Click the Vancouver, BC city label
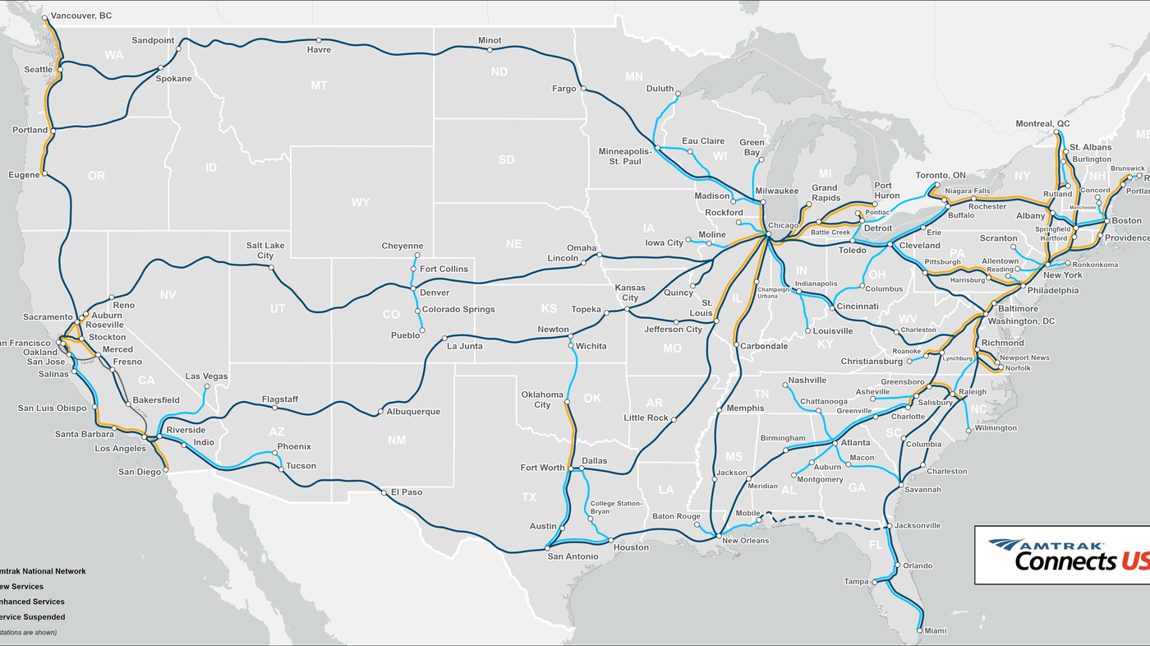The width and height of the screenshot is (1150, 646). point(81,16)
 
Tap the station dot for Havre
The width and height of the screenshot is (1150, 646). point(319,39)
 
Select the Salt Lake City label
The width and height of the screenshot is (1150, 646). point(265,251)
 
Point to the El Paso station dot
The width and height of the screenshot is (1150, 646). point(384,492)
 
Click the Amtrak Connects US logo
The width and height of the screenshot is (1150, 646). point(1061,556)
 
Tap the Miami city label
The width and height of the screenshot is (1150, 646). point(935,631)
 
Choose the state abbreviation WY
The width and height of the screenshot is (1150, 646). point(360,202)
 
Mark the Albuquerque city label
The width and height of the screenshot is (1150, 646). point(413,412)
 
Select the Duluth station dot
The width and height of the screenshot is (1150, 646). point(678,94)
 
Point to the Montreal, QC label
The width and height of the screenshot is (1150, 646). point(1042,123)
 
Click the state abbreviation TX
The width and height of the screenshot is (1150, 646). point(529,497)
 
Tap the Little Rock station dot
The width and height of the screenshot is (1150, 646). point(673,420)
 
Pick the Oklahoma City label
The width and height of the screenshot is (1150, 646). point(542,399)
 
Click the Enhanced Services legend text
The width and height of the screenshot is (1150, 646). point(33,602)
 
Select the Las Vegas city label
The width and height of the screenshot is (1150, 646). point(206,376)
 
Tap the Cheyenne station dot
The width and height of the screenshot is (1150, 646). point(416,256)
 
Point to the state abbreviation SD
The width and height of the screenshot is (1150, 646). point(507,159)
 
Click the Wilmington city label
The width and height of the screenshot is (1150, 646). point(996,428)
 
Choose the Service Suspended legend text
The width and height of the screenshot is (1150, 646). point(33,616)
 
